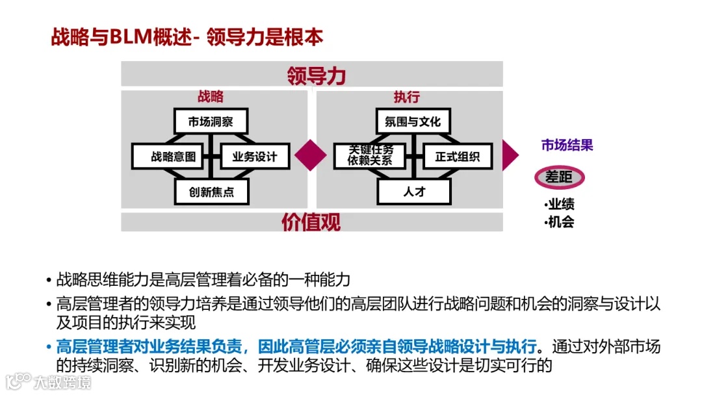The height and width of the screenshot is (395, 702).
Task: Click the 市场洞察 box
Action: click(211, 121)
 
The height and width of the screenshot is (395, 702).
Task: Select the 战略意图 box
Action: click(168, 157)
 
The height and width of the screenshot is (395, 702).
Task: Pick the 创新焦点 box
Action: click(211, 192)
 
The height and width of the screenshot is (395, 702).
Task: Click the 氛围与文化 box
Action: click(413, 121)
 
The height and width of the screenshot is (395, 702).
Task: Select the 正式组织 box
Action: click(457, 157)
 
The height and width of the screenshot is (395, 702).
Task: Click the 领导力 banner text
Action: click(316, 75)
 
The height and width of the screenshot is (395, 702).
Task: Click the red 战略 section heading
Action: click(211, 97)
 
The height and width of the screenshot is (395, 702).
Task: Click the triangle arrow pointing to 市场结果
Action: click(510, 155)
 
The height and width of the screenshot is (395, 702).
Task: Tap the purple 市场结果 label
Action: click(567, 146)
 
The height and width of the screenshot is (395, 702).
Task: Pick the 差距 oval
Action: click(560, 177)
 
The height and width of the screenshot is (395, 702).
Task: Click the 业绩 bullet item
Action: click(560, 204)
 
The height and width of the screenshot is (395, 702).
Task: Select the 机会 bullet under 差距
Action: click(560, 222)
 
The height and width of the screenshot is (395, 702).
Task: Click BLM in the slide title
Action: click(131, 37)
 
